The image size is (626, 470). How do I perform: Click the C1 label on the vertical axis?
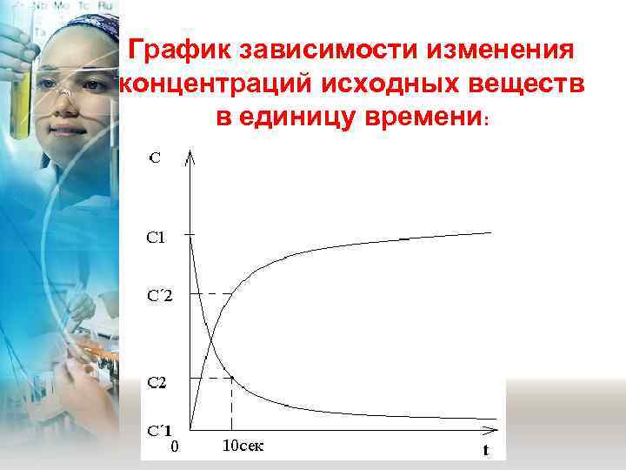(157, 237)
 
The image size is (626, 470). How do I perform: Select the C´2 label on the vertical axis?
(159, 295)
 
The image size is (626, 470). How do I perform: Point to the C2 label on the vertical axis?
(157, 381)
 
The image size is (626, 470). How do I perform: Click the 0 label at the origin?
(174, 447)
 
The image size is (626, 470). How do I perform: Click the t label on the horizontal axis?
(485, 450)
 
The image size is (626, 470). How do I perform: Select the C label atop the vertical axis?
(154, 158)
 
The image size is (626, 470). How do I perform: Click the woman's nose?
(63, 97)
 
